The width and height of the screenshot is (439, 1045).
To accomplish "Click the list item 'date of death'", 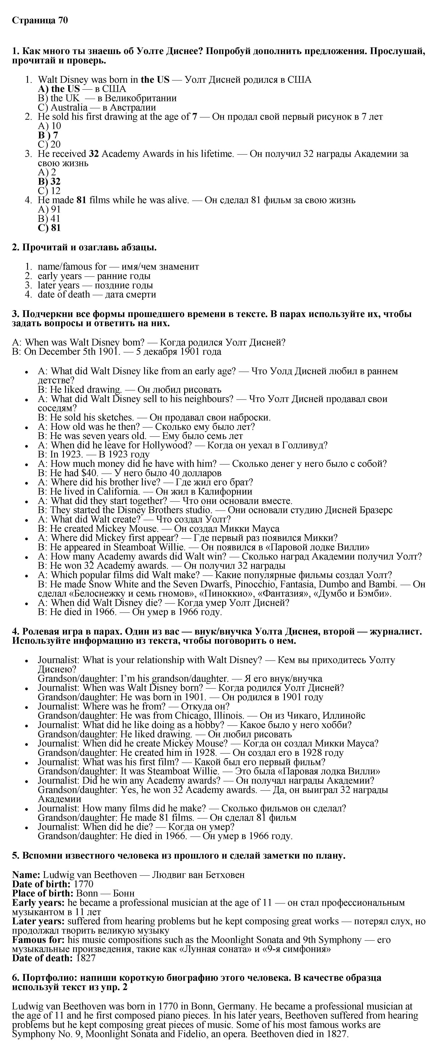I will (x=64, y=295).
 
